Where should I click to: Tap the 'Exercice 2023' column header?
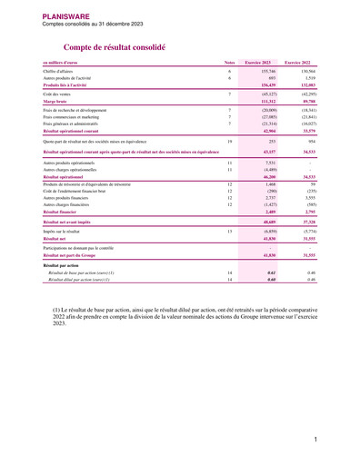click(258, 61)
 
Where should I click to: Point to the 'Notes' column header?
click(229, 61)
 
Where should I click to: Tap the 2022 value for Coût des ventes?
click(305, 94)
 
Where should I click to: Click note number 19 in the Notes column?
click(230, 142)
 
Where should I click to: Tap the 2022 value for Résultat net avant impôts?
click(305, 222)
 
